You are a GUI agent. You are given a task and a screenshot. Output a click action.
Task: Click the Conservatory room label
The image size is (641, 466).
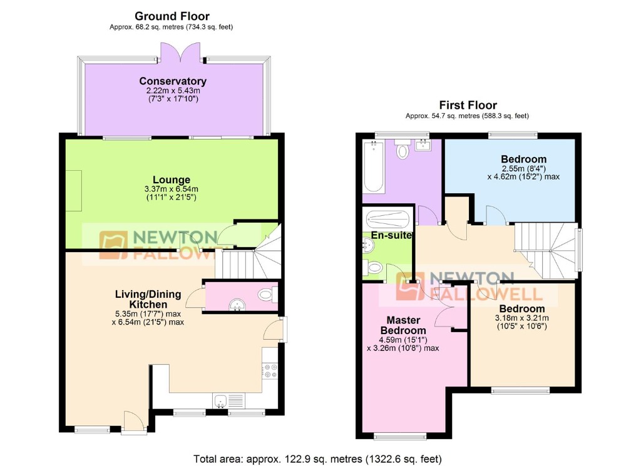click(x=173, y=81)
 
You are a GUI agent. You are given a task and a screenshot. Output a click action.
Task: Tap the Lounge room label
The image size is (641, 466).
click(x=172, y=180)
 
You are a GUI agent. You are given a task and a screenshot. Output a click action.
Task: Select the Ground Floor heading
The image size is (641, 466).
click(x=172, y=16)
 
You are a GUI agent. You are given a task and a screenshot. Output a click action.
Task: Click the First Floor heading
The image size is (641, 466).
click(x=468, y=105)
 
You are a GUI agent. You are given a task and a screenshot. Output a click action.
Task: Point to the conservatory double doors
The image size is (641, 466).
click(x=180, y=53)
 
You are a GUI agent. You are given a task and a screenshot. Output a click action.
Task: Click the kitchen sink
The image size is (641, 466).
click(x=221, y=401)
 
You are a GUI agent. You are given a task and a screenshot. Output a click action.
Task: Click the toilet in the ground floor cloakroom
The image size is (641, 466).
click(x=268, y=295)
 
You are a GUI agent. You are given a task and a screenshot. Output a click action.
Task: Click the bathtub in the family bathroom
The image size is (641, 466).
click(x=374, y=166)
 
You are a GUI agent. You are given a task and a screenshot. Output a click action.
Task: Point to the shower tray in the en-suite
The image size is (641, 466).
click(x=387, y=220)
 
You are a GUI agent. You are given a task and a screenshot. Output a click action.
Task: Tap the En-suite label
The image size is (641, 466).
click(x=391, y=235)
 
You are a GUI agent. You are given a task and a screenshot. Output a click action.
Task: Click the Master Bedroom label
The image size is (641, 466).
click(x=403, y=325)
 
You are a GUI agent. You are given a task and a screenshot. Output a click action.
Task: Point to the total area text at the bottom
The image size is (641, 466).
click(x=317, y=459)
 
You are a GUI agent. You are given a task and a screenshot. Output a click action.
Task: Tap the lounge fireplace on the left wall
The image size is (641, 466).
click(x=74, y=191)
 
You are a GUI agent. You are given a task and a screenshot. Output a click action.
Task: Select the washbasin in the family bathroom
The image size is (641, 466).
click(x=423, y=145)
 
